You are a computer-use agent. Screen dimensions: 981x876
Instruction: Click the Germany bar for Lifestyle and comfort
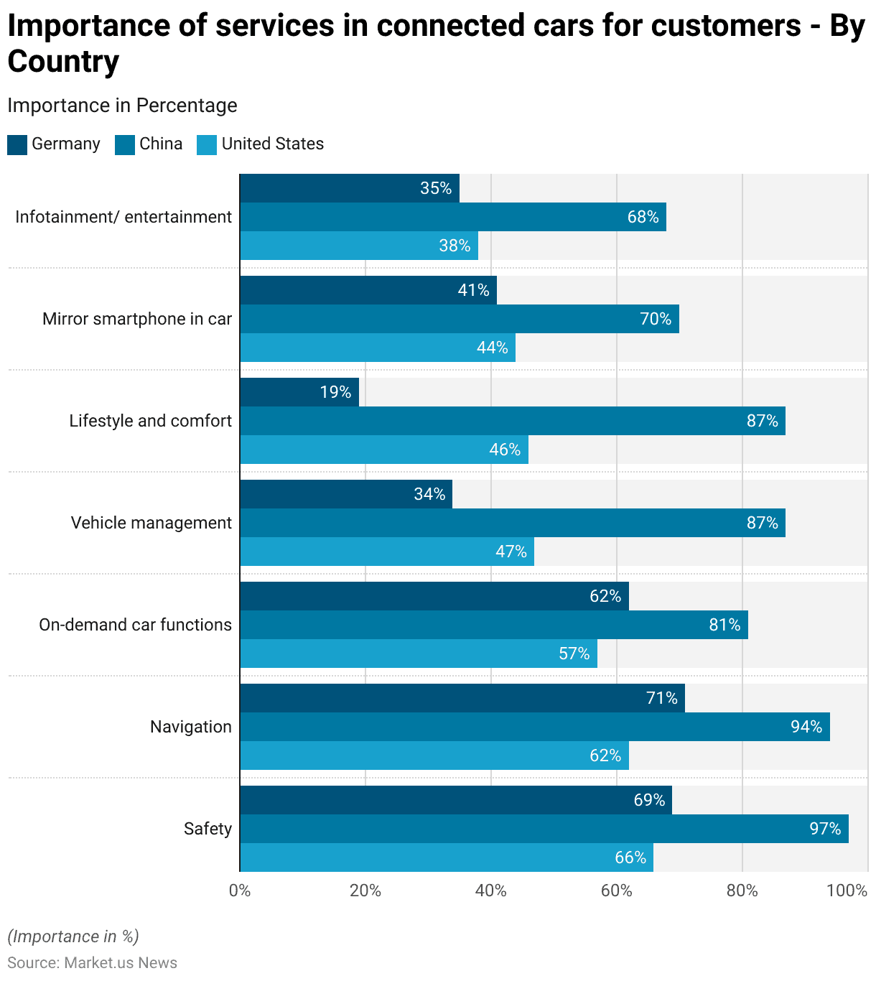coord(299,392)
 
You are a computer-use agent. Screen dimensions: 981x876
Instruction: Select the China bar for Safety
coord(544,829)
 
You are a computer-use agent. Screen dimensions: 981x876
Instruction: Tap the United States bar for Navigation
coord(434,755)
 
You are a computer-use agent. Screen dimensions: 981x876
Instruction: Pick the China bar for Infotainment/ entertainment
coord(452,217)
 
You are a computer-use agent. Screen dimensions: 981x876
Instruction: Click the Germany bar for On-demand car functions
coord(434,596)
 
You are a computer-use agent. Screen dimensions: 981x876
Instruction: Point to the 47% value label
coord(511,552)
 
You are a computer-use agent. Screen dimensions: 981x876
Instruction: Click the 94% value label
coord(806,727)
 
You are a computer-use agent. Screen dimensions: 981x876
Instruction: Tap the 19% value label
coord(335,392)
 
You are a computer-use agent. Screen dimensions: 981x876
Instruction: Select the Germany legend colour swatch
coord(17,144)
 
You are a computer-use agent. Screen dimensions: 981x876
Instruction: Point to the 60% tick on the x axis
coord(616,891)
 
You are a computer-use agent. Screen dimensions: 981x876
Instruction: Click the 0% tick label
coord(240,891)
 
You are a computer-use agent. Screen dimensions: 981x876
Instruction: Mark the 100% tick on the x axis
coord(847,891)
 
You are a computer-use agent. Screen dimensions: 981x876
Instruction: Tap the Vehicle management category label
coord(151,523)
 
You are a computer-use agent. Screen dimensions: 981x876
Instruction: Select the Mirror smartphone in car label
coord(137,319)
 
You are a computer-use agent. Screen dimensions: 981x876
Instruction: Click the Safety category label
coord(208,829)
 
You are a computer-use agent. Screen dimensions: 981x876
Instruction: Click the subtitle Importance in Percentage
coord(122,106)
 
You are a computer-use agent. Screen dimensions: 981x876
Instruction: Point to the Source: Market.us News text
coord(92,963)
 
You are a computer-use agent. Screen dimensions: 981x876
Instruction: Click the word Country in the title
coord(63,62)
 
